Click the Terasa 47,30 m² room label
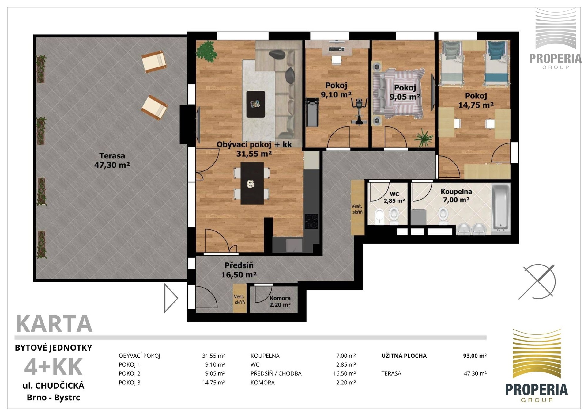coord(112,161)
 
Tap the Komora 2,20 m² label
coord(280,301)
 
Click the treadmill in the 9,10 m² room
coord(312,112)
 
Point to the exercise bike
coord(359,111)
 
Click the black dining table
coord(252,183)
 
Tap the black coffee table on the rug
coord(256,104)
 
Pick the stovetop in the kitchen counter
coord(311,221)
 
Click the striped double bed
coord(398,93)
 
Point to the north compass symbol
coord(537,281)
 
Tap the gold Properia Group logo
coord(537,365)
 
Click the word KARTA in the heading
coord(54,324)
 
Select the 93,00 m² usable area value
coord(475,356)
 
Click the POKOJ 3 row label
coord(130,382)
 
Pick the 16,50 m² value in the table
coord(345,373)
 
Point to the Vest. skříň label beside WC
coord(357,209)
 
